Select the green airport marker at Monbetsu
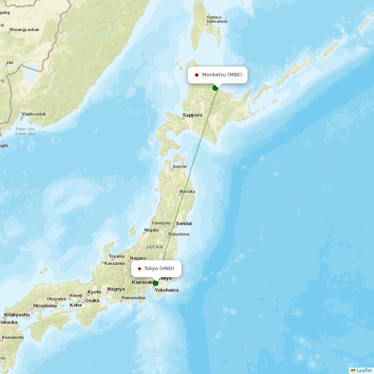215,88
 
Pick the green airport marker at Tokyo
156,283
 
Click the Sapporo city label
193,115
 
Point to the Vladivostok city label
34,114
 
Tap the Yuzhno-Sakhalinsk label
217,19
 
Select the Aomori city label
180,167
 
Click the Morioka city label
187,192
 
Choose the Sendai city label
184,224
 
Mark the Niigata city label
151,230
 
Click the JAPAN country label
154,247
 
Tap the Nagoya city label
116,289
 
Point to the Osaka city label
92,301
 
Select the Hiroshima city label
45,306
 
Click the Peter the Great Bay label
25,131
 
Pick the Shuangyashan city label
24,30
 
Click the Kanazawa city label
115,263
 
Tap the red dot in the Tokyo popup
140,269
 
